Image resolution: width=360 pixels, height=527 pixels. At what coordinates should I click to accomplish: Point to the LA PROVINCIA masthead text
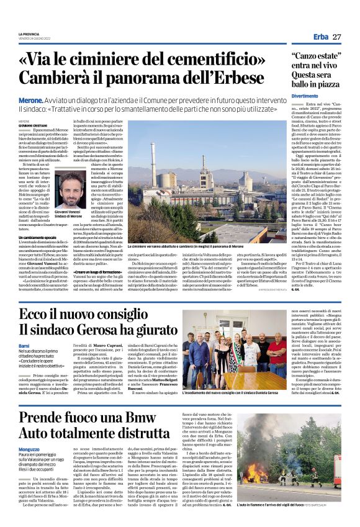click(x=29, y=34)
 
